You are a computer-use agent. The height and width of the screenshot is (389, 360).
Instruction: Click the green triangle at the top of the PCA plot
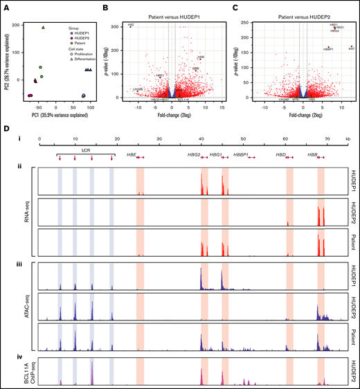coord(43,28)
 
